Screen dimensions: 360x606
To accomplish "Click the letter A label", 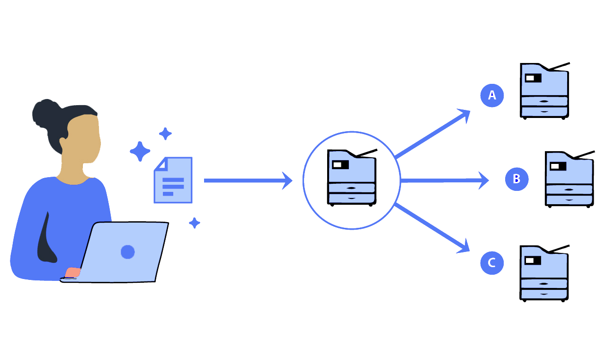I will point(492,95).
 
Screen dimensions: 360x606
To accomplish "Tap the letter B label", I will point(517,179).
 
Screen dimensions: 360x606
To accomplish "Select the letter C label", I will point(491,262).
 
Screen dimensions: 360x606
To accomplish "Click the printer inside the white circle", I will point(352,178).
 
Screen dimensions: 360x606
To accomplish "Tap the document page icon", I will point(173,180).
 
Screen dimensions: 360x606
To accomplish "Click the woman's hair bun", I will point(43,112).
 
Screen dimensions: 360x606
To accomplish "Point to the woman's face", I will point(84,137).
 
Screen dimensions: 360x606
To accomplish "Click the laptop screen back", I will point(125,251).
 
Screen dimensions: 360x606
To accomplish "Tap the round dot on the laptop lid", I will point(128,252).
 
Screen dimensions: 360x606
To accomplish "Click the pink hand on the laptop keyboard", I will point(72,272).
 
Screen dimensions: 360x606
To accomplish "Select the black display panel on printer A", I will point(533,78).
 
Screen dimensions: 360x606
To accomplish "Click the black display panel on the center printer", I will point(340,164).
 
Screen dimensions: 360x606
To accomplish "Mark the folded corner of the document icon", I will point(162,164).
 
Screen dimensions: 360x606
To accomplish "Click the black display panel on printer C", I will point(533,261).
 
